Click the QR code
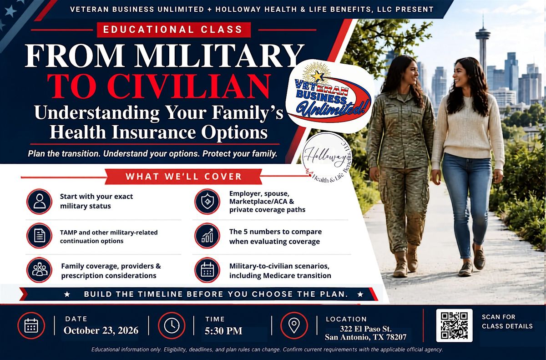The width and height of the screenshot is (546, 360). click(454, 325)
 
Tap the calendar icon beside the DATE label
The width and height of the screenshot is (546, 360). click(31, 325)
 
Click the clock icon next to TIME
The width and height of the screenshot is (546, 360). click(172, 325)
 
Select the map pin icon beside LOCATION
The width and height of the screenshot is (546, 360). click(294, 325)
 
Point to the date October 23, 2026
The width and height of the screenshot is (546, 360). click(101, 330)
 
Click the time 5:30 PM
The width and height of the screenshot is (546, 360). click(223, 331)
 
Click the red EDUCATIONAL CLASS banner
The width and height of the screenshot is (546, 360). click(174, 30)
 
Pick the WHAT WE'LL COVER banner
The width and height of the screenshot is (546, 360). click(183, 176)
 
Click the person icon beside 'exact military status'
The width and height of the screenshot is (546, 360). click(39, 201)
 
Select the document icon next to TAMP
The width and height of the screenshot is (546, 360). click(39, 236)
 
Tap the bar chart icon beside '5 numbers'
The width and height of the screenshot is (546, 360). click(207, 236)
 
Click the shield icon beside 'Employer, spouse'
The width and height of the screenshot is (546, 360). click(207, 201)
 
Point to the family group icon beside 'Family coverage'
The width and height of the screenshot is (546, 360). click(39, 270)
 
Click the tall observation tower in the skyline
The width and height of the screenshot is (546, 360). click(483, 49)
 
